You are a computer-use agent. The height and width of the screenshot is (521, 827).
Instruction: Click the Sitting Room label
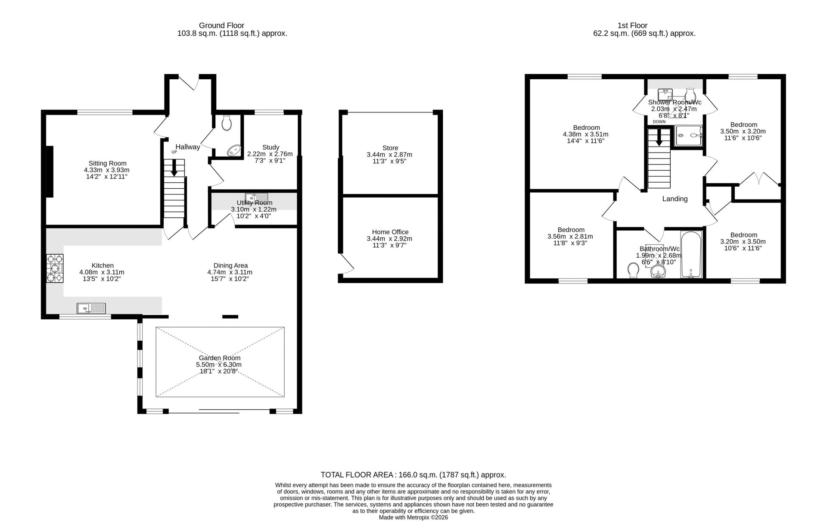tap(108, 163)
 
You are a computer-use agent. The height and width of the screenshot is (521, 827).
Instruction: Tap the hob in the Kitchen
tap(55, 269)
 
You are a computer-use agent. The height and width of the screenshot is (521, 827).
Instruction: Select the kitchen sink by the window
tap(91, 308)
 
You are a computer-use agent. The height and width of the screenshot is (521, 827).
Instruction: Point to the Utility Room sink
tap(256, 198)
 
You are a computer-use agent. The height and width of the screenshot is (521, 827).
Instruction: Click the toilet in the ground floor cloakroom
tap(227, 123)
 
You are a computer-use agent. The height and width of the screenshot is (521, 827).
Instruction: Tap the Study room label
tap(270, 147)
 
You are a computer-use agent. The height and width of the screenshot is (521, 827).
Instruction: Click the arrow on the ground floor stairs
tap(174, 168)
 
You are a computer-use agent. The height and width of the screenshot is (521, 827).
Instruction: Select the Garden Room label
tap(220, 358)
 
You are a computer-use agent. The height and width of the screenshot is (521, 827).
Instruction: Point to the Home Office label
tap(390, 232)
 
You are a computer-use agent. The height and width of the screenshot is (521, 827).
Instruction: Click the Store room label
tap(390, 148)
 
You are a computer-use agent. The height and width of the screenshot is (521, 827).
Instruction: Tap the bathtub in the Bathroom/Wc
tap(691, 254)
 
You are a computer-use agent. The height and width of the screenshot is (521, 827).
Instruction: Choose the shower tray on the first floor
tap(688, 135)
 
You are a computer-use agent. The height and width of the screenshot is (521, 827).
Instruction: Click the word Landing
tap(675, 199)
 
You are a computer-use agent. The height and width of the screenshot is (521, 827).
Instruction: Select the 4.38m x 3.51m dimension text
tap(586, 134)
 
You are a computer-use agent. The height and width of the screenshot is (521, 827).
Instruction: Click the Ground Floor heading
tap(221, 25)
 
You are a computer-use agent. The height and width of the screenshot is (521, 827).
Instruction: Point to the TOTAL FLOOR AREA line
tap(413, 475)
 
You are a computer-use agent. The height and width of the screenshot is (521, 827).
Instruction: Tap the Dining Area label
tap(230, 265)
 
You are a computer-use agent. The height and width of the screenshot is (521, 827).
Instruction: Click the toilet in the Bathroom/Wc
tap(633, 271)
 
